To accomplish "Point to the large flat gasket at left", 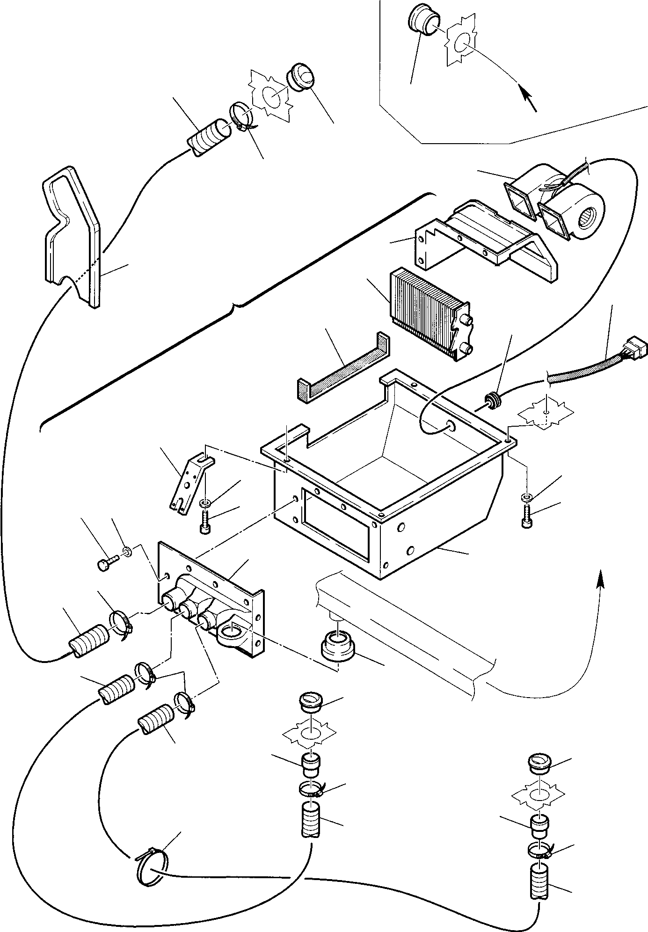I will [x=70, y=234].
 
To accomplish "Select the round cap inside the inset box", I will [x=424, y=20].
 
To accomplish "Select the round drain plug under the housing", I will [x=337, y=646].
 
